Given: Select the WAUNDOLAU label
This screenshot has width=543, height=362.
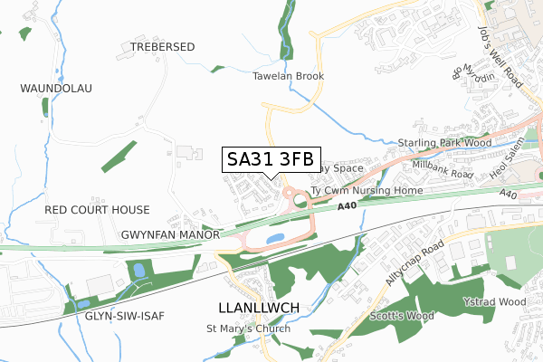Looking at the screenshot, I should click(x=56, y=88).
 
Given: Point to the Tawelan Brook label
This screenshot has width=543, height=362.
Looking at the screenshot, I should click(x=288, y=77).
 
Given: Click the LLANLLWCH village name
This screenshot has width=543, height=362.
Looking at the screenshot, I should click(x=259, y=308).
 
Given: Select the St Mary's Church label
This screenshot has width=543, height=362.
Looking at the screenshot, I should click(x=249, y=329).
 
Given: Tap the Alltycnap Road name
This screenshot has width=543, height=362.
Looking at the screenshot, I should click(x=414, y=263).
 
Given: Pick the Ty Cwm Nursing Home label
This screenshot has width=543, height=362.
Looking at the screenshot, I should click(x=366, y=192).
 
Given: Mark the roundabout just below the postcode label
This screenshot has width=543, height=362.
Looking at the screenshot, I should click(x=294, y=195).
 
